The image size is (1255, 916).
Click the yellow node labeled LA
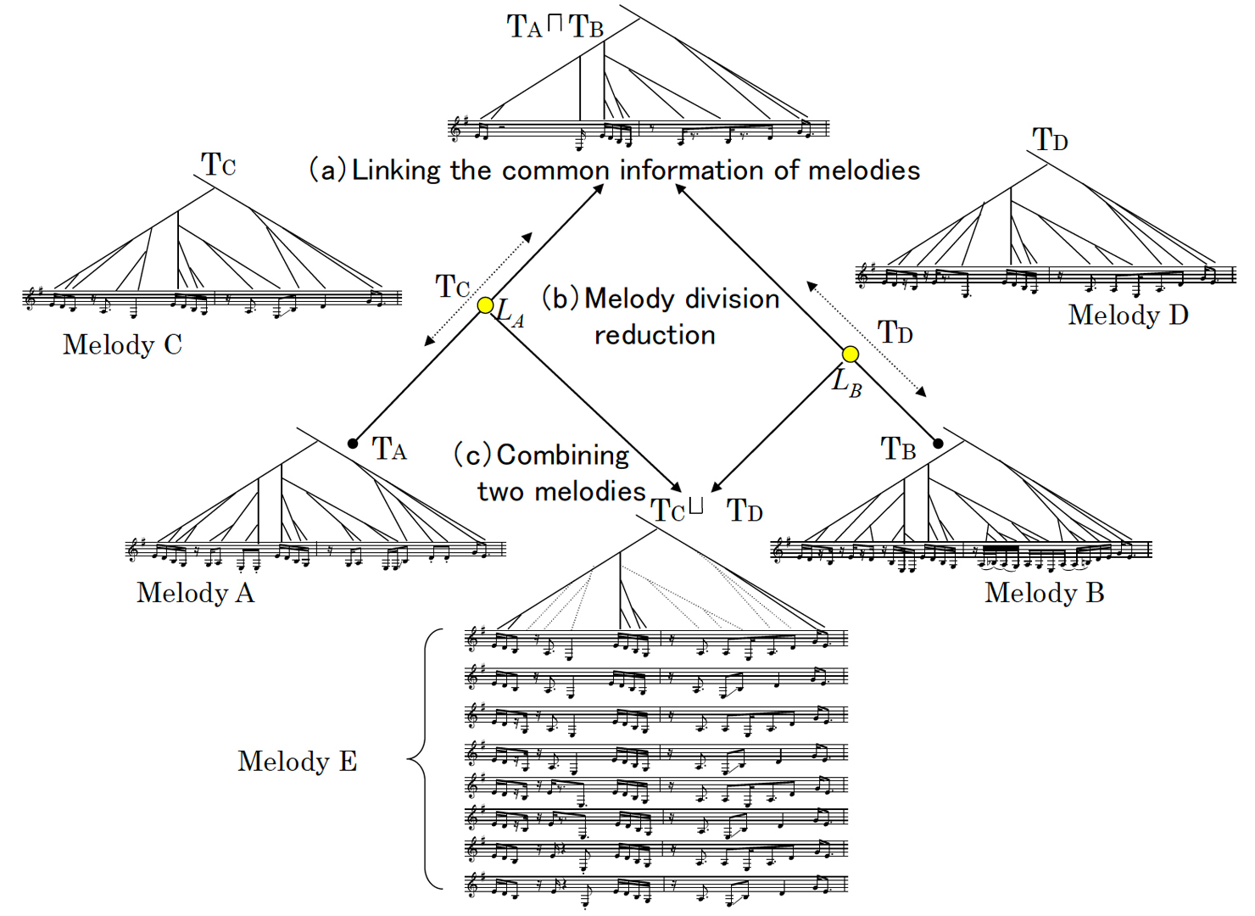485,305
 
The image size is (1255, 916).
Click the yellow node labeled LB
850,355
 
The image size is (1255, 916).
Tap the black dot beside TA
353,444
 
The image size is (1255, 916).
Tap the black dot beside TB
938,444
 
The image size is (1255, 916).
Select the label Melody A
195,592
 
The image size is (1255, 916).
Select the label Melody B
1044,592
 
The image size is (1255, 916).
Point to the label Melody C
122,344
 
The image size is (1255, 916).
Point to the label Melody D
1128,315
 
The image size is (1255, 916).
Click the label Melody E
297,761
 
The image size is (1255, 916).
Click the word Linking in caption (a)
396,170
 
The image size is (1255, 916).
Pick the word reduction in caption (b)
655,335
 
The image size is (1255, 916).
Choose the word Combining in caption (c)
563,455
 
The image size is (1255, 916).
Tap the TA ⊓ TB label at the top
555,26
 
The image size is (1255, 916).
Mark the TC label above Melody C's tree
218,164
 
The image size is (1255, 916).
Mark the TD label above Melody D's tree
1050,139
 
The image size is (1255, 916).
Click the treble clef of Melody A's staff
134,550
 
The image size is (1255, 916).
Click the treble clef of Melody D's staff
864,274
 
